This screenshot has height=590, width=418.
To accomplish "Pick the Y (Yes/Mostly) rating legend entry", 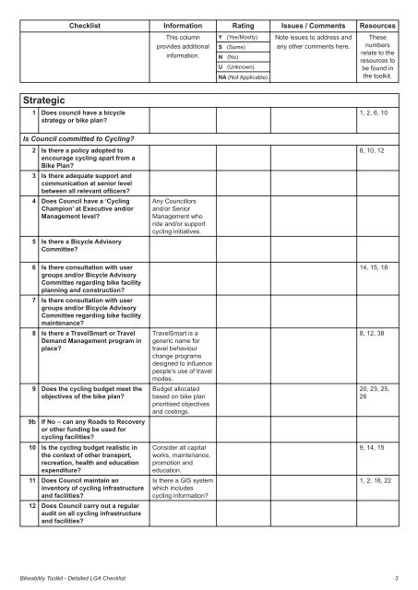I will tap(238, 35).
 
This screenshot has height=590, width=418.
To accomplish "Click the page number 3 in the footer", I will tap(394, 577).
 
